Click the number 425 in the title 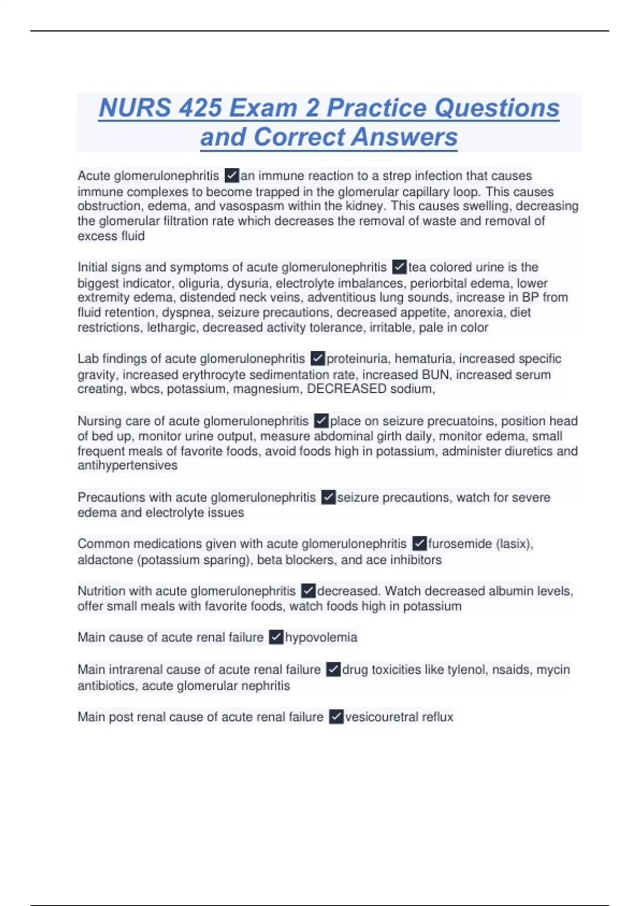tap(200, 108)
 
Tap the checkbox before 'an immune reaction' tap(232, 175)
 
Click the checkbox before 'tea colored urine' tap(399, 266)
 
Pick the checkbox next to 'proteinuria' tap(318, 358)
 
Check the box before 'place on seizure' tap(321, 421)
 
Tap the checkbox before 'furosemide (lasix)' tap(420, 544)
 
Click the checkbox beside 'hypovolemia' tap(276, 637)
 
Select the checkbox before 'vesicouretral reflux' tap(336, 717)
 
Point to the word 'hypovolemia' tap(321, 637)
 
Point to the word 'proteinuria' tap(357, 359)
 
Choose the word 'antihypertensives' tap(127, 465)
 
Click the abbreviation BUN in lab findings tap(435, 375)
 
